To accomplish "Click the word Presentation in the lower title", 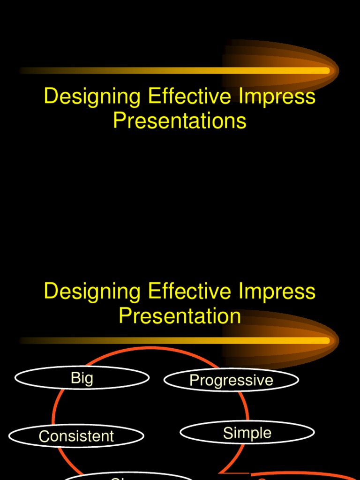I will click(180, 315).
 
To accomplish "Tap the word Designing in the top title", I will click(92, 97).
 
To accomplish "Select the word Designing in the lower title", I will click(92, 292).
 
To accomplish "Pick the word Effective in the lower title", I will click(189, 291).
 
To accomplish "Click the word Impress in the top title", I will click(277, 97).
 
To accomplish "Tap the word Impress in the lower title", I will click(277, 292).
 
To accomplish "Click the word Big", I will click(82, 378).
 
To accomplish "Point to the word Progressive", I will click(231, 380).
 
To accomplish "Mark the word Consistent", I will click(76, 436).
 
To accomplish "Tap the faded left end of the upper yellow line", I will click(23, 71).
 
